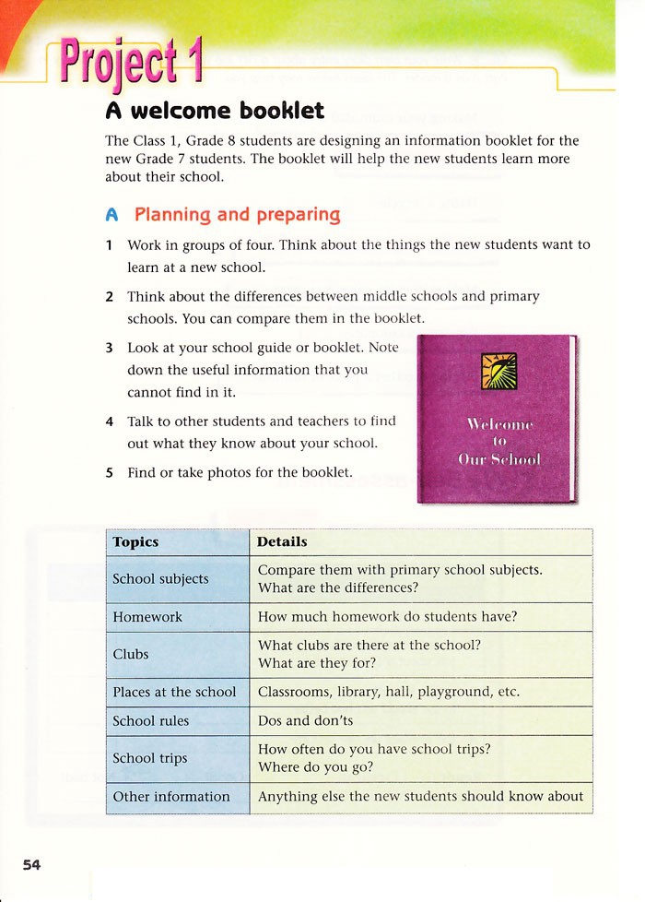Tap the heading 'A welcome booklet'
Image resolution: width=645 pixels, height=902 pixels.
click(215, 111)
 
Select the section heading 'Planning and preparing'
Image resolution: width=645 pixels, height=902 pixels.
click(237, 215)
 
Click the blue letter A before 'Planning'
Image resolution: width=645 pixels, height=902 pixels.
click(112, 215)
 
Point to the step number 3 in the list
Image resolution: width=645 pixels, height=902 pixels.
click(109, 349)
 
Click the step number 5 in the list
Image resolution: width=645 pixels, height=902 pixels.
click(109, 472)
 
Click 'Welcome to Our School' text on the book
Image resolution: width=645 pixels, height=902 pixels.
click(498, 441)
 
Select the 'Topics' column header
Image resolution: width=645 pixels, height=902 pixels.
click(135, 542)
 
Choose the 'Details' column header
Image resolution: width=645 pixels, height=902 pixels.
click(282, 542)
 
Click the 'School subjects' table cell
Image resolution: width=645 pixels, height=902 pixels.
click(160, 579)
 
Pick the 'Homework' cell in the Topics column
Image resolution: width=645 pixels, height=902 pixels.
click(147, 617)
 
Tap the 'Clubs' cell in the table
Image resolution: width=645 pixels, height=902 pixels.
click(131, 654)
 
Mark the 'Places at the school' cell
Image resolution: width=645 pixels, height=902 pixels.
click(174, 692)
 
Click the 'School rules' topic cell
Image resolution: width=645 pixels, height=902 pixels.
click(150, 720)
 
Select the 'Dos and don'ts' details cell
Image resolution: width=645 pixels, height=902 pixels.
click(305, 720)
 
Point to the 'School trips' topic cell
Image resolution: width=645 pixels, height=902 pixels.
click(149, 758)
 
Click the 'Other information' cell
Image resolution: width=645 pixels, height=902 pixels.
click(171, 796)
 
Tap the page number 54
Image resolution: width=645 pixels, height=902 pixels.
click(32, 864)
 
